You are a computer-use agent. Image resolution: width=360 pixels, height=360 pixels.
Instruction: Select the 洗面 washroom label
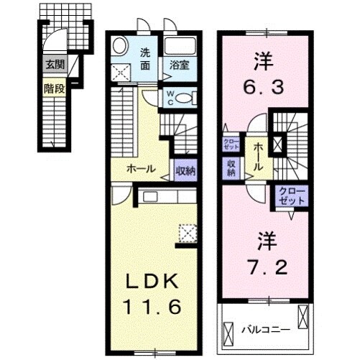(x=145, y=59)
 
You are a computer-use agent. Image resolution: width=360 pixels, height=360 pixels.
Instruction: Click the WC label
(x=170, y=98)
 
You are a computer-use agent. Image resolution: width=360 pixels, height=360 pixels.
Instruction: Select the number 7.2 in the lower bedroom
(x=265, y=253)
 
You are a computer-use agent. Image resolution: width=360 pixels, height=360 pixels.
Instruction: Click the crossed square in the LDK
(x=188, y=233)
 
